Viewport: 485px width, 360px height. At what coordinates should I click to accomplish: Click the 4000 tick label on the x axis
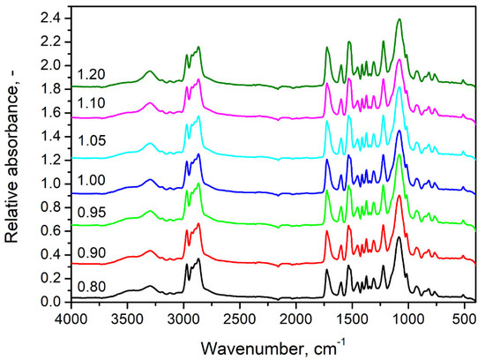[x=71, y=315]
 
